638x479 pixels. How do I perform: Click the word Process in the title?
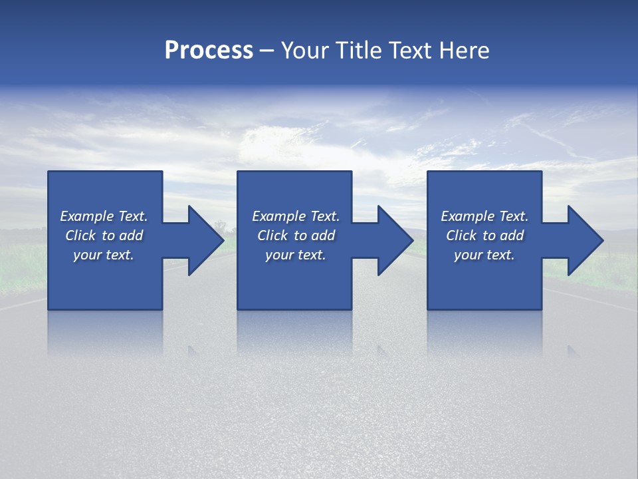click(209, 51)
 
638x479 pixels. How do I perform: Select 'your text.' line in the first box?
click(104, 255)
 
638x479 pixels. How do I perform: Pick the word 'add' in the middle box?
click(323, 236)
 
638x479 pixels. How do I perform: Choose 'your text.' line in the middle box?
click(296, 255)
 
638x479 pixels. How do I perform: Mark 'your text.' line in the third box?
click(484, 255)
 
